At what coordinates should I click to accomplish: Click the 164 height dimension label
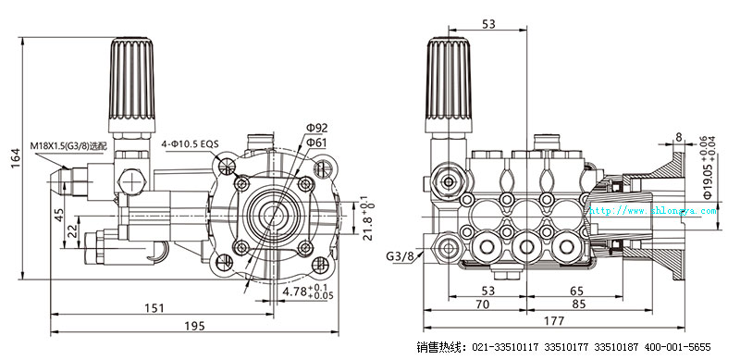click(x=15, y=158)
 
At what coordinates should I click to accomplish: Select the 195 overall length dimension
click(x=194, y=326)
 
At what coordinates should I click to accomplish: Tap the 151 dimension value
click(x=154, y=308)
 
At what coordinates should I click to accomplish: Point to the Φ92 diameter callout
click(x=317, y=128)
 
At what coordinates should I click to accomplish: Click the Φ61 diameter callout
click(x=316, y=143)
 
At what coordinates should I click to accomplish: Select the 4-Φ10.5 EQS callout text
click(x=190, y=143)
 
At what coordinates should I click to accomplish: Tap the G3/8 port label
click(x=400, y=255)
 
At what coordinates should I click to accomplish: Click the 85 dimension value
click(x=579, y=304)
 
